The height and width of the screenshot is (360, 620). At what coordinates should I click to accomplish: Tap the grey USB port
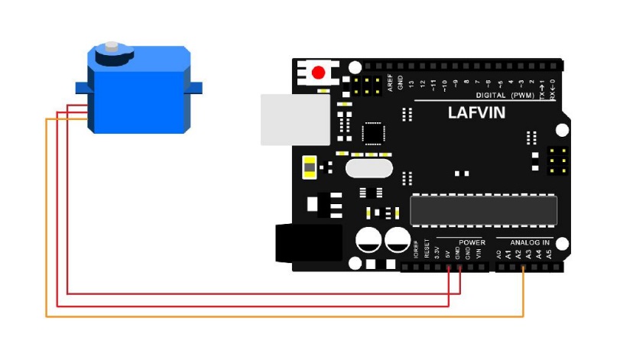click(x=295, y=119)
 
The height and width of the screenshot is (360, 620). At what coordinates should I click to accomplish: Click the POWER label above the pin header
click(x=472, y=242)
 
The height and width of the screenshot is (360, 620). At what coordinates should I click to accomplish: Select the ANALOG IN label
click(x=530, y=242)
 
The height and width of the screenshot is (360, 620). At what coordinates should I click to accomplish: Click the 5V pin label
click(x=447, y=252)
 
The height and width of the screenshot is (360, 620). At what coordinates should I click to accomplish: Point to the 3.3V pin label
click(x=437, y=252)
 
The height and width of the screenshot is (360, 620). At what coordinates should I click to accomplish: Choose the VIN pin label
click(x=479, y=252)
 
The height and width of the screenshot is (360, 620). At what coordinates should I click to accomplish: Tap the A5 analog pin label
click(x=548, y=252)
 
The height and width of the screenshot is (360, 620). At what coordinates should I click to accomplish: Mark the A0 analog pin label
click(x=498, y=252)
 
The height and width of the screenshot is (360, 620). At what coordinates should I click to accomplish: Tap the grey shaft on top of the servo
click(x=113, y=48)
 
